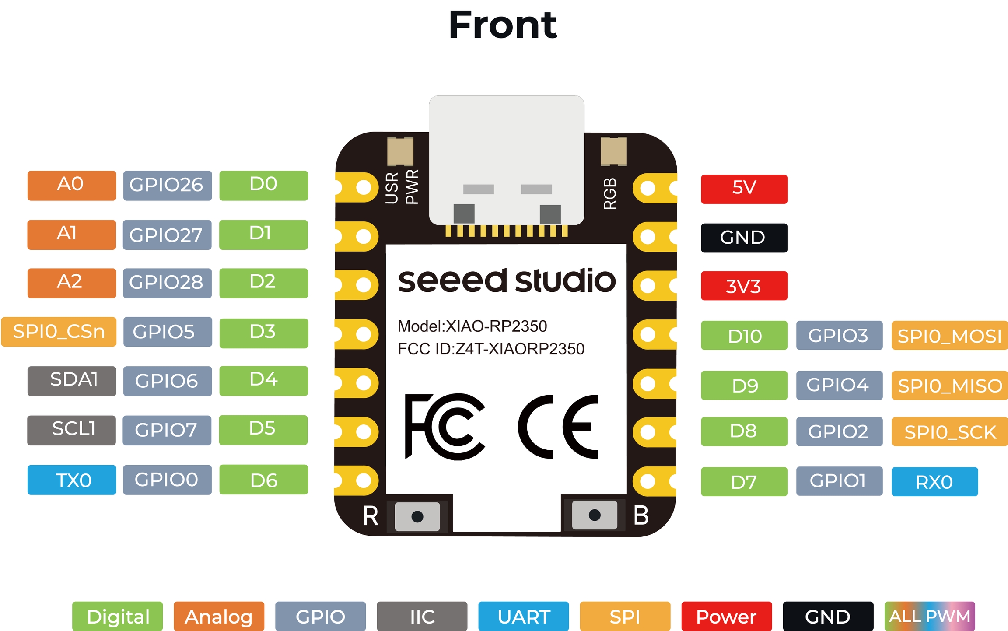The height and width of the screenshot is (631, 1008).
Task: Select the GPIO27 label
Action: click(167, 235)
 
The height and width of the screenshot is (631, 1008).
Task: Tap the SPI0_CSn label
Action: click(59, 332)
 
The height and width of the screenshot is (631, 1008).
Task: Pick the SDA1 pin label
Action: click(72, 381)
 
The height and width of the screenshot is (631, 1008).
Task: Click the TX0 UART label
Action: click(72, 480)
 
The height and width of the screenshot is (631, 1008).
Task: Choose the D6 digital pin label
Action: click(263, 480)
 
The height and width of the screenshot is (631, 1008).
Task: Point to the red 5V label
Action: click(744, 189)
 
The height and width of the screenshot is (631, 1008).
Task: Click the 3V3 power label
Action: click(744, 286)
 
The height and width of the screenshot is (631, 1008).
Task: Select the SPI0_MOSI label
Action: click(949, 335)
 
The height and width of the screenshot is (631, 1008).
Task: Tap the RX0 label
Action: click(934, 481)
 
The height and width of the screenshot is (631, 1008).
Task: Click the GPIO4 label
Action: click(839, 385)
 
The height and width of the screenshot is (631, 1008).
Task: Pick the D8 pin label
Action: click(744, 431)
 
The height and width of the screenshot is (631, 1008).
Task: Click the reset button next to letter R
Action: click(417, 516)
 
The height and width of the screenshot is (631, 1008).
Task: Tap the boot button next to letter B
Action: click(595, 515)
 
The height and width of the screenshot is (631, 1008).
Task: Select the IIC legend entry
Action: click(422, 616)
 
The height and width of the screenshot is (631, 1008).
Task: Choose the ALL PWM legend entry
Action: click(930, 616)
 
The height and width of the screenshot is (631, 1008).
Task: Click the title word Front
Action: click(503, 25)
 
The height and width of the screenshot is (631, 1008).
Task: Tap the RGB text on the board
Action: click(610, 193)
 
